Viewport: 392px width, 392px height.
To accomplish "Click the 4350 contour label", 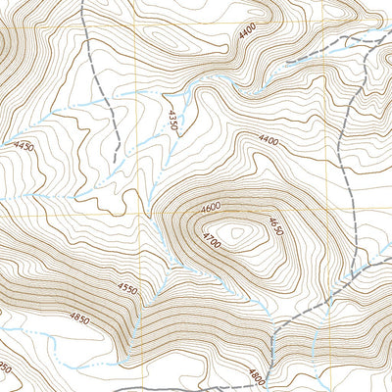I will [171, 120].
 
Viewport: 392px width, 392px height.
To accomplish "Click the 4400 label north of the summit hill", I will [269, 142].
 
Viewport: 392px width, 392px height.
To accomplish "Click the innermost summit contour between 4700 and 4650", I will [238, 234].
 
